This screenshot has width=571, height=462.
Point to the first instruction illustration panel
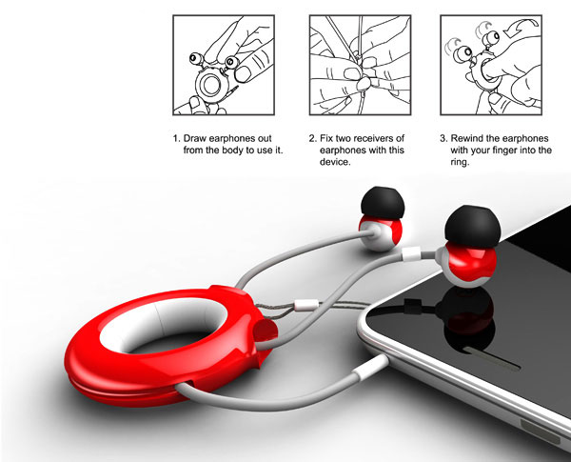tap(224, 65)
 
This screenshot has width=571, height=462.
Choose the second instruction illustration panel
tap(360, 65)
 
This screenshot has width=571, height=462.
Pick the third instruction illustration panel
tap(491, 65)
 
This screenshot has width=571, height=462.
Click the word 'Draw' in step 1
tap(195, 138)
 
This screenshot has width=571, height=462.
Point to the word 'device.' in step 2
tap(335, 162)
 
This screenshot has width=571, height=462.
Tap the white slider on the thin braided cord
tap(306, 305)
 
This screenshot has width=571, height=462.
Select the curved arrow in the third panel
tap(519, 29)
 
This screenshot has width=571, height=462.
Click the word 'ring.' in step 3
tap(460, 163)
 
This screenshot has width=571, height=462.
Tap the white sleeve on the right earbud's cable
tap(411, 253)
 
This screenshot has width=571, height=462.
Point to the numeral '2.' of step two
tap(312, 138)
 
